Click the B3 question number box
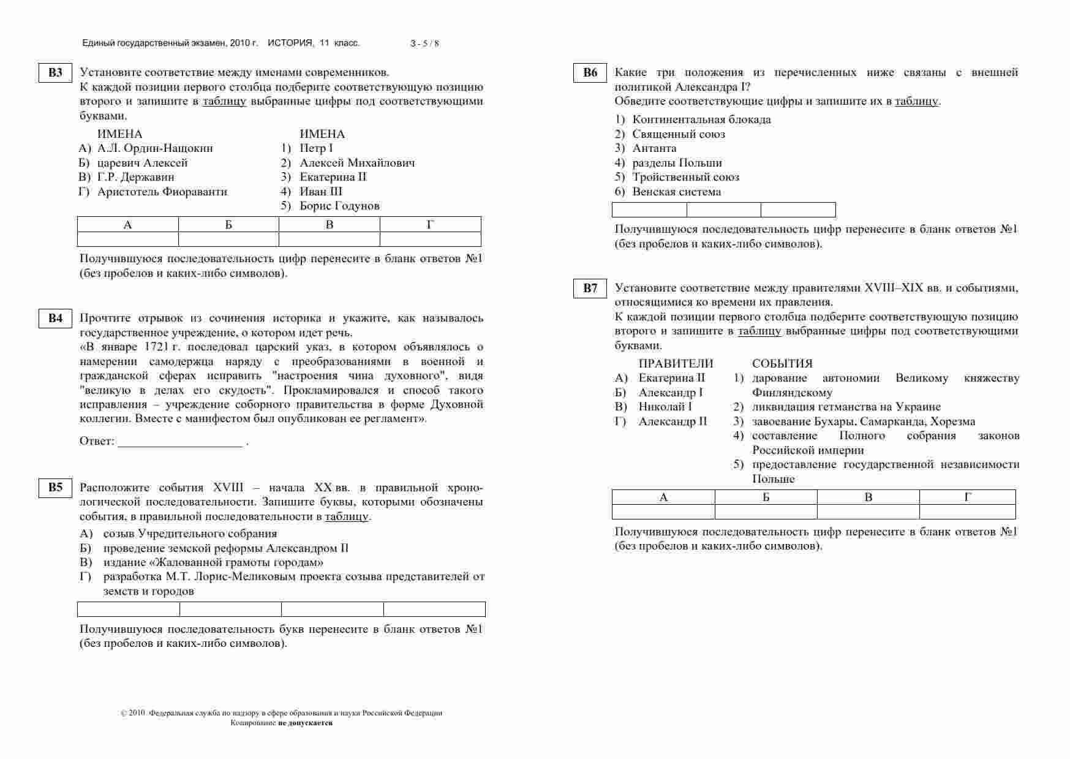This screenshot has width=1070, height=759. click(55, 73)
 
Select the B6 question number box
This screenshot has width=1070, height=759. click(590, 73)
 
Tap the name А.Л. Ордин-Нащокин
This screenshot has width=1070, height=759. click(155, 148)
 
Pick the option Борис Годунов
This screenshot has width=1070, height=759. click(339, 206)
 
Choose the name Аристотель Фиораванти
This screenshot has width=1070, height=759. click(162, 192)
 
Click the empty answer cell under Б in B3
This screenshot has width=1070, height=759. click(228, 239)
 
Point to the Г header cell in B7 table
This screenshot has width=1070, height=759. click(967, 497)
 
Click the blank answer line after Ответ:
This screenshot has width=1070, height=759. click(180, 442)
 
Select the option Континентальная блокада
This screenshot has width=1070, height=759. click(701, 119)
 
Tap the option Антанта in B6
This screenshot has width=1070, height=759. click(654, 148)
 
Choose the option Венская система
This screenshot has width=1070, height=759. click(676, 192)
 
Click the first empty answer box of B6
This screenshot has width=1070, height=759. click(649, 210)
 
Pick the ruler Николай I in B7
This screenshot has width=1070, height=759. click(665, 407)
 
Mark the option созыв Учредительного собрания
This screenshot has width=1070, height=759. click(190, 534)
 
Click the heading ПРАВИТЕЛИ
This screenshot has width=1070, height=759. click(676, 364)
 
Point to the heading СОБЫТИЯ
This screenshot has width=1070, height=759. click(782, 364)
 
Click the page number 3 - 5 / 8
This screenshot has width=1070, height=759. click(424, 43)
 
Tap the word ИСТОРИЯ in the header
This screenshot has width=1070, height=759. click(290, 43)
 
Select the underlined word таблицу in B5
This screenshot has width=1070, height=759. click(347, 516)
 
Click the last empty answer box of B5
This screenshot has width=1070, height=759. click(434, 609)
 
